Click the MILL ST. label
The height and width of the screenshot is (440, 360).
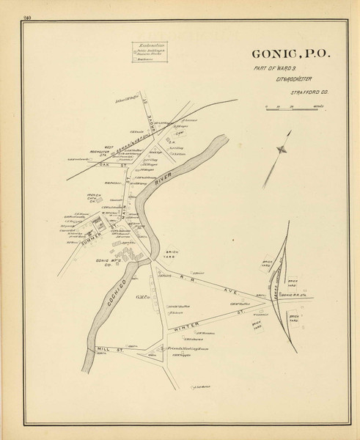pyautogui.click(x=107, y=350)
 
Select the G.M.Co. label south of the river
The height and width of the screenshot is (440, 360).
pyautogui.click(x=143, y=298)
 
